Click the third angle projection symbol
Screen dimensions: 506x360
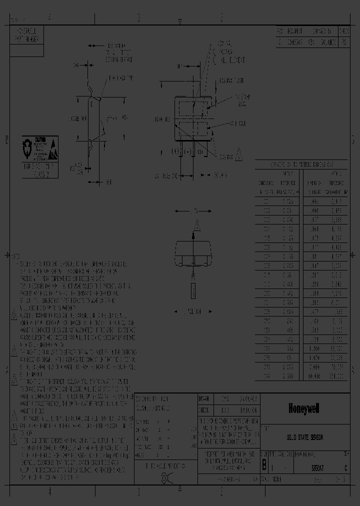(163, 475)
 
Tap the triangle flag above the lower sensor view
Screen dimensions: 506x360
(197, 225)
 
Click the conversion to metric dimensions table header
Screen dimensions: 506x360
(301, 164)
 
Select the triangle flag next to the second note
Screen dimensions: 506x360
(14, 316)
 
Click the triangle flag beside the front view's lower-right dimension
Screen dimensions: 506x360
(238, 156)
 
